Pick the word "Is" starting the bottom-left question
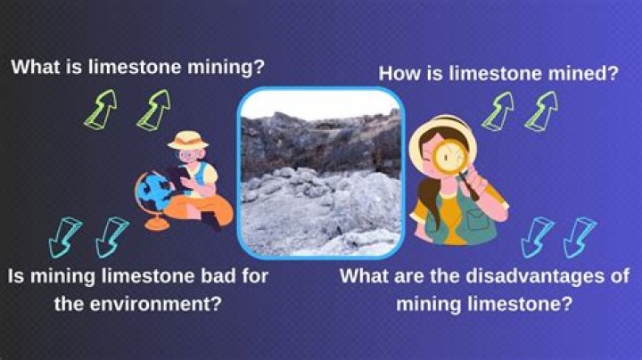(x=18, y=276)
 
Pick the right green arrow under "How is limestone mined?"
(x=540, y=112)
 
